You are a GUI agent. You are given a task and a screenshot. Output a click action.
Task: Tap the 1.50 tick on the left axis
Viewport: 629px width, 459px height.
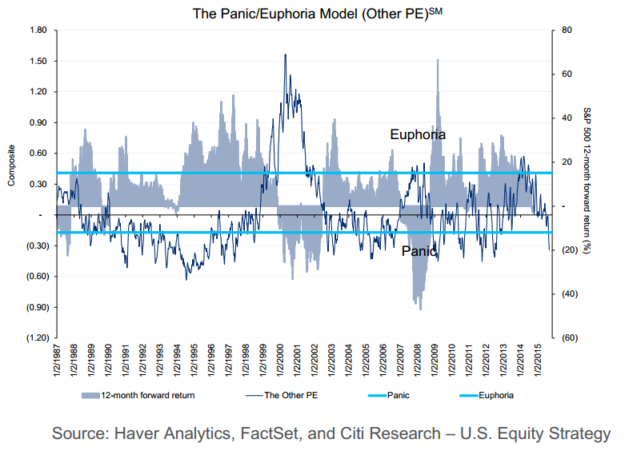point(38,61)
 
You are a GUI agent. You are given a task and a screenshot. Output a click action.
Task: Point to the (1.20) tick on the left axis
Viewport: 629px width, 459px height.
point(37,337)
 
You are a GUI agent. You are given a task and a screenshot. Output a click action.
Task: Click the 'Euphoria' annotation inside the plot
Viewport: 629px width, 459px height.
point(417,134)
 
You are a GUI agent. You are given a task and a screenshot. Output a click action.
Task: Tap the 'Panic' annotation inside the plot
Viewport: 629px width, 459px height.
point(419,251)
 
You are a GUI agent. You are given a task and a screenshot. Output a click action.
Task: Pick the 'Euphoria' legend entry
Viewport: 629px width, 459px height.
point(496,395)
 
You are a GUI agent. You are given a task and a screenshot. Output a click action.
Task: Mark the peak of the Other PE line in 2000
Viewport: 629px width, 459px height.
point(286,54)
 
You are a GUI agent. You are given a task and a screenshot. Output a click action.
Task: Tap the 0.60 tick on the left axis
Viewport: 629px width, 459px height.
point(38,153)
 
